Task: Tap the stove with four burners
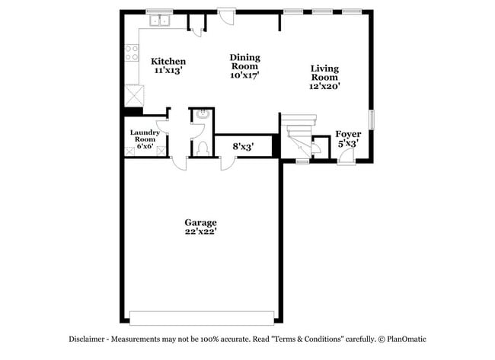point(131,53)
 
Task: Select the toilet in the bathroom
point(203,147)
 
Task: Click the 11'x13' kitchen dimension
point(168,70)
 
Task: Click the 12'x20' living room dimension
point(324,86)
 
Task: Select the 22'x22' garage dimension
point(200,231)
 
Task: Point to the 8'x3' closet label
point(242,145)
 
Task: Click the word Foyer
point(348,134)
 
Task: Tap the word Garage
point(200,222)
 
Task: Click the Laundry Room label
point(145,136)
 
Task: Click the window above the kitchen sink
point(158,11)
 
